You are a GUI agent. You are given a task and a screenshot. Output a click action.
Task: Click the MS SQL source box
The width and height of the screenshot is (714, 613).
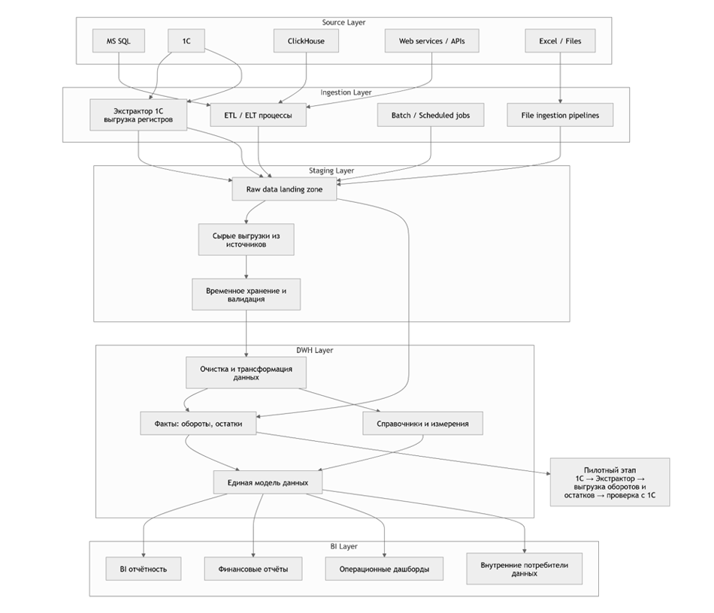click(x=117, y=41)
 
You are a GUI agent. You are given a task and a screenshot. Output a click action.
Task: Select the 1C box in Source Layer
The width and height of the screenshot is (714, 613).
click(x=186, y=41)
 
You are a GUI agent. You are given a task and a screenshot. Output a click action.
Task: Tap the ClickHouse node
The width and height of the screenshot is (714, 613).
click(x=306, y=41)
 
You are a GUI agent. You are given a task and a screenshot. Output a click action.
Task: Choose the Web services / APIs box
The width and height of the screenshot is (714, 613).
click(x=431, y=41)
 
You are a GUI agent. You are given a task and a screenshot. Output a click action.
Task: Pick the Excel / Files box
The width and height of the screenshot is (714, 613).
click(x=560, y=41)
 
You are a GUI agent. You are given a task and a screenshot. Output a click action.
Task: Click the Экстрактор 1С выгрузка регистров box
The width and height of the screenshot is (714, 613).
click(x=138, y=115)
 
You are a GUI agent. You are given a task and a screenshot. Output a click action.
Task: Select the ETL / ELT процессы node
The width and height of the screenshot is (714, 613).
click(x=258, y=116)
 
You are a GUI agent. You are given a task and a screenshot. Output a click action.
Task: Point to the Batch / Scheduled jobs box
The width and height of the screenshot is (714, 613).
click(x=431, y=116)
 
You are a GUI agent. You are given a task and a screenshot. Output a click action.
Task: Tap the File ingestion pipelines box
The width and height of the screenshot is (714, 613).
click(x=559, y=116)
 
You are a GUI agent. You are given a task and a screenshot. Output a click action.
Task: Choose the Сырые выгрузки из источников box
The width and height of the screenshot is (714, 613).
click(x=246, y=240)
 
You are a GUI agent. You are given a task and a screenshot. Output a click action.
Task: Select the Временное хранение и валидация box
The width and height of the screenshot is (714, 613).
click(x=246, y=294)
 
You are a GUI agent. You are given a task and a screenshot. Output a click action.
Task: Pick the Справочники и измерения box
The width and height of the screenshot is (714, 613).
click(x=422, y=424)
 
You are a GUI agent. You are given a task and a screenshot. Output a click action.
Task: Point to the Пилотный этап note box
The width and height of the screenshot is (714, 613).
click(x=610, y=482)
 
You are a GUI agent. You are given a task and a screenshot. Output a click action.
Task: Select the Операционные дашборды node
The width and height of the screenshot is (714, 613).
click(x=384, y=569)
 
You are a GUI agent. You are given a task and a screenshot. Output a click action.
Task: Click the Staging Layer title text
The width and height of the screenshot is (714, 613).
click(x=331, y=171)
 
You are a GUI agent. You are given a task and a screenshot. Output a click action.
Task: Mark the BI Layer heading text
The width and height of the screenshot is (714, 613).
click(x=343, y=546)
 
